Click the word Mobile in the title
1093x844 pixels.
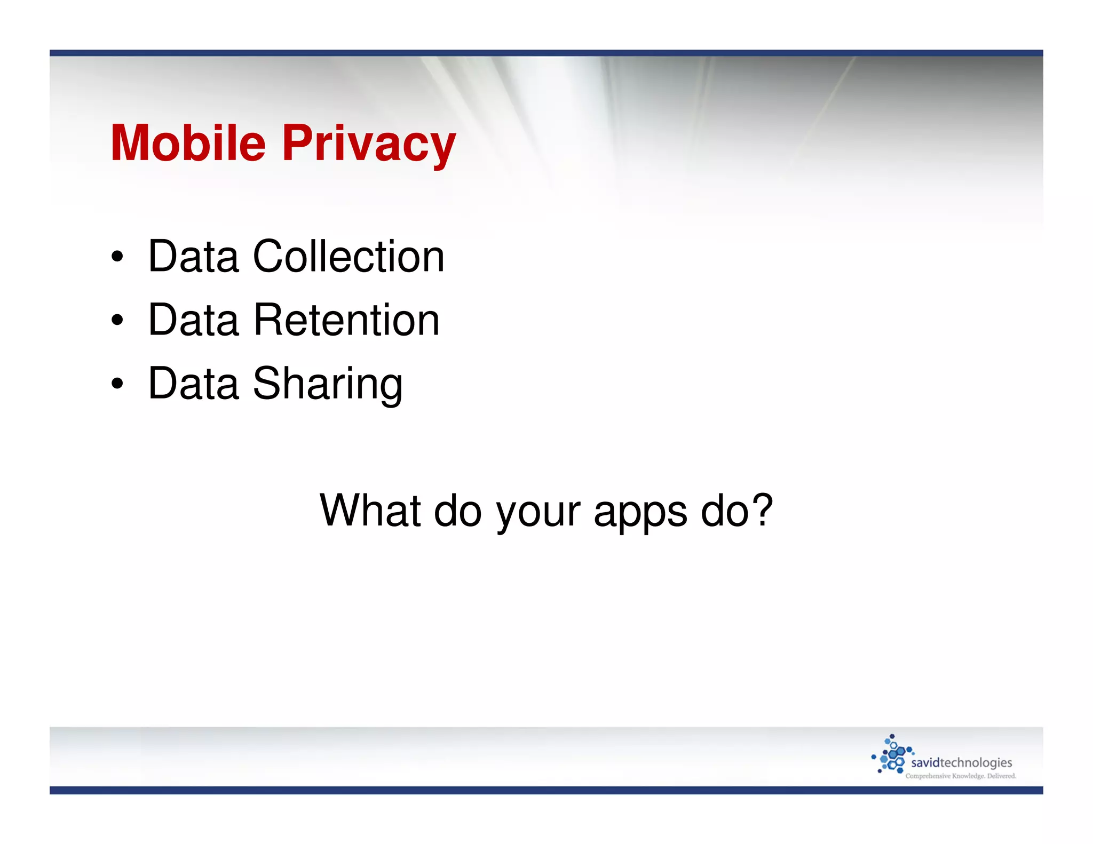click(188, 143)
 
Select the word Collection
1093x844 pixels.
click(349, 257)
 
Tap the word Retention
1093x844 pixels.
click(347, 320)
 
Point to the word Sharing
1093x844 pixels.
click(328, 384)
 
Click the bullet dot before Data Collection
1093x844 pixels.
click(117, 257)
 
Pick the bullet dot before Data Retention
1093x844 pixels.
click(117, 321)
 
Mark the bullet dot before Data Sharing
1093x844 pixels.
click(117, 384)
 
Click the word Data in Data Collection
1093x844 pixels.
click(193, 257)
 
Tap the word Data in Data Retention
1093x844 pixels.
click(193, 320)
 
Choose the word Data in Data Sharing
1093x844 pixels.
click(193, 383)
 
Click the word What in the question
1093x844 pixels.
click(370, 510)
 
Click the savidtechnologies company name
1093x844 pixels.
click(961, 763)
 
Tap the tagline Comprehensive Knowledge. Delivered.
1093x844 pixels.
click(961, 776)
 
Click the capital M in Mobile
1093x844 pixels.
click(130, 143)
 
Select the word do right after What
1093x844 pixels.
click(458, 510)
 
